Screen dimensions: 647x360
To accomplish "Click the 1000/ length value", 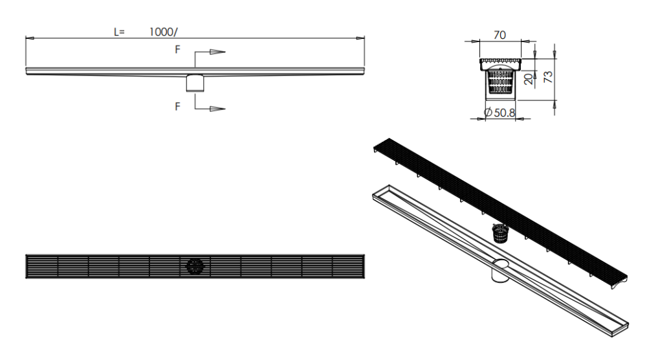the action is [x=164, y=32].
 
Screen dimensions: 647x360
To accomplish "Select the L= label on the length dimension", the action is [x=119, y=32].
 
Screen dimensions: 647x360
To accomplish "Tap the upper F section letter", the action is [x=177, y=50].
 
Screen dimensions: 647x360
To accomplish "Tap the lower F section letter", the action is [x=177, y=107].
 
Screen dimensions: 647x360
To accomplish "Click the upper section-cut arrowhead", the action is [x=217, y=52].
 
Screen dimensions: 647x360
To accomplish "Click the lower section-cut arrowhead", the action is [x=217, y=109].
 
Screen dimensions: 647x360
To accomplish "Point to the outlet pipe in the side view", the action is [x=195, y=83].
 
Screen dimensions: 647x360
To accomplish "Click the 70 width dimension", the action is [x=499, y=35].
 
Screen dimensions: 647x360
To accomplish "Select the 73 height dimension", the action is [x=548, y=77].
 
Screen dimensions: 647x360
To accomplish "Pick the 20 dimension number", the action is [x=529, y=79].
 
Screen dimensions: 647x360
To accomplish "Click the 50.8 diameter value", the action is [x=505, y=112].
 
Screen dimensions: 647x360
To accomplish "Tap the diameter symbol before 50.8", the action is [x=488, y=112].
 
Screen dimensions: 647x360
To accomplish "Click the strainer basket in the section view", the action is [x=501, y=81].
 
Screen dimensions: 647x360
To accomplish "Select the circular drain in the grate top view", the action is [x=195, y=266].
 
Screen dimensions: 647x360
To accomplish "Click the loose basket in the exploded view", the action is [x=500, y=234].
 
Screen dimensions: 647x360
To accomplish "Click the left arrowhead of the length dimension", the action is [x=30, y=38].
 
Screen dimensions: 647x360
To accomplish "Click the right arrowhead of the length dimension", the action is [x=360, y=38].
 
